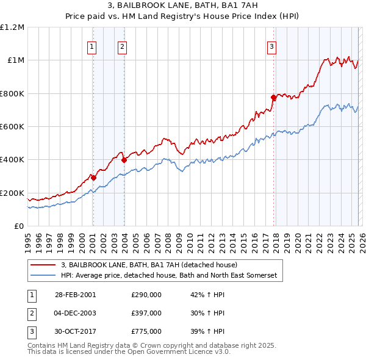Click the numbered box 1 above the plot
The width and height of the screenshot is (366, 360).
click(92, 46)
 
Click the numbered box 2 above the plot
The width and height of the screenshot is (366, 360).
click(122, 46)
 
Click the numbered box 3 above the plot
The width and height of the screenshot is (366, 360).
click(271, 46)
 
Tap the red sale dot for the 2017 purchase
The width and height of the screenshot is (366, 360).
click(273, 98)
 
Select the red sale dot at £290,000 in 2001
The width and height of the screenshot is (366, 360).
click(93, 178)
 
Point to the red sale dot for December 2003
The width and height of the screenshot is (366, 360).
click(124, 160)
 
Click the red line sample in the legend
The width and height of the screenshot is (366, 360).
click(43, 265)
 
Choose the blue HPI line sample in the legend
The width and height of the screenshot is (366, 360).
click(43, 276)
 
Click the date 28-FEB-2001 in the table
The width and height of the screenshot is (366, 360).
click(75, 295)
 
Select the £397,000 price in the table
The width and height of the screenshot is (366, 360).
click(146, 313)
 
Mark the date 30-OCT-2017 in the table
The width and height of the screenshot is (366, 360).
click(75, 331)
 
